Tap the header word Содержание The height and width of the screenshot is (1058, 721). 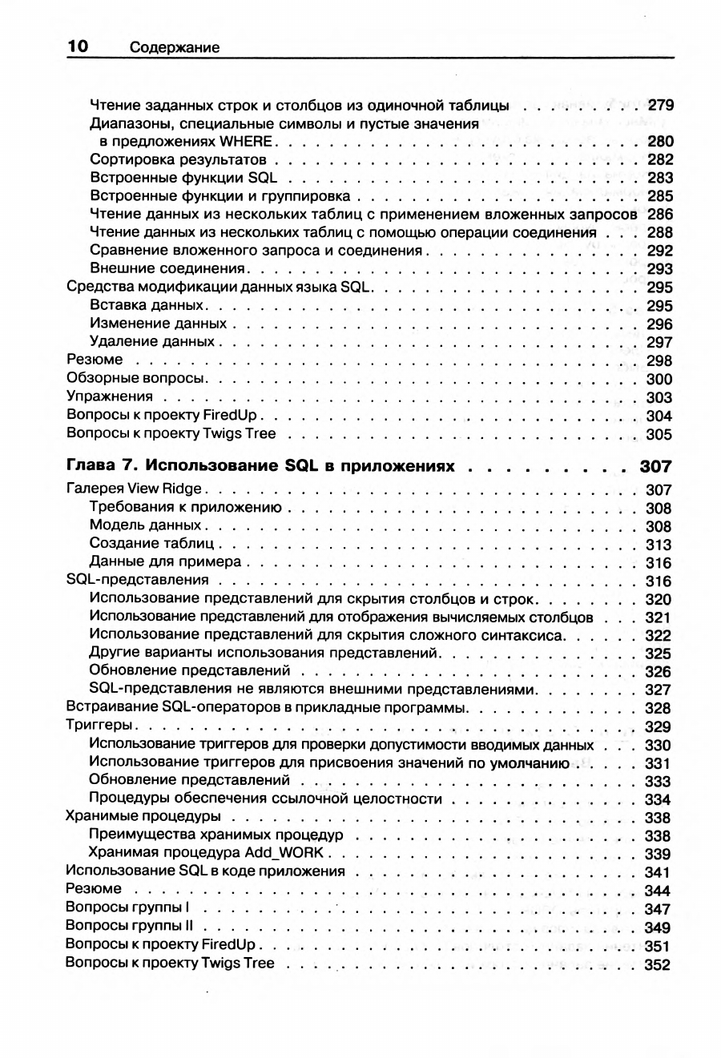(174, 48)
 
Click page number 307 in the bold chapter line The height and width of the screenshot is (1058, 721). (655, 467)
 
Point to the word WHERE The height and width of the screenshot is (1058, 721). (247, 142)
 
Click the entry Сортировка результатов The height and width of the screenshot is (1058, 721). (178, 159)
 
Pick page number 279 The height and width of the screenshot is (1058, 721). (660, 105)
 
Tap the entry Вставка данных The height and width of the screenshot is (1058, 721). (149, 306)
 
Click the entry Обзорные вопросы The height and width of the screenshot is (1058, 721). (135, 379)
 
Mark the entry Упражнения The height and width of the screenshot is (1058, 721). (110, 397)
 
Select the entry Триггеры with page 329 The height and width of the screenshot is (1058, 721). (99, 726)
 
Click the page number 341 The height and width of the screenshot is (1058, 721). (657, 872)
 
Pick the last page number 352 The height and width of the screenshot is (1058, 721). (657, 964)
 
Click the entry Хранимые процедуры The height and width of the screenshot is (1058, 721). (143, 817)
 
